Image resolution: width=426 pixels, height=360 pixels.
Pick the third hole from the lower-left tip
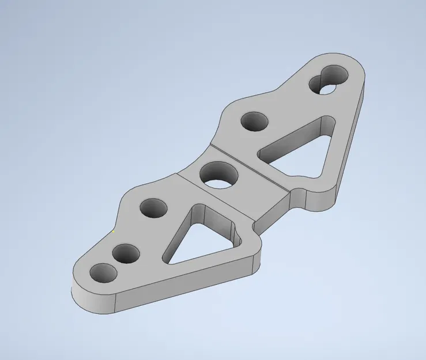click(153, 208)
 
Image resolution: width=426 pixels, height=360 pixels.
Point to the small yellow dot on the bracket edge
click(114, 232)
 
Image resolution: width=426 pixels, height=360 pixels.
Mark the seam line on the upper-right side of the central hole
click(248, 165)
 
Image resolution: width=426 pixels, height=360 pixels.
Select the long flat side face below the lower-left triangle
click(184, 288)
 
